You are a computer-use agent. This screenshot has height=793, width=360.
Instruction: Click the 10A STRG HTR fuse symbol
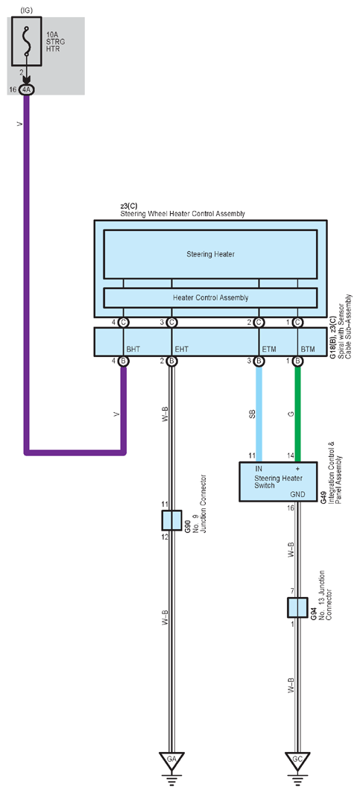point(28,43)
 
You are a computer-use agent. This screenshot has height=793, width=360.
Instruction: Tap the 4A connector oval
point(26,89)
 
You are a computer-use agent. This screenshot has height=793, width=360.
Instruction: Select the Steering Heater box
point(210,254)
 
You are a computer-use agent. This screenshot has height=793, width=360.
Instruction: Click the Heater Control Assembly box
point(210,297)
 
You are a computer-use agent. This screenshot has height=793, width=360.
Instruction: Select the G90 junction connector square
point(172,520)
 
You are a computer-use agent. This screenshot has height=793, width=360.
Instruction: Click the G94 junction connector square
point(297,607)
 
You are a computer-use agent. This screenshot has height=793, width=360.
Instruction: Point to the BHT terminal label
point(133,349)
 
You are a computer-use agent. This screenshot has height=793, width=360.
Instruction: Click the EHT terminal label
point(182,349)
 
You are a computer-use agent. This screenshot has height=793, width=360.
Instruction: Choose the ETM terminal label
point(269,349)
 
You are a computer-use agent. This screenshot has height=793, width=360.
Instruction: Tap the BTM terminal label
point(308,349)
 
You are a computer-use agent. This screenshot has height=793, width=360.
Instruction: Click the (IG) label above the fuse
point(26,10)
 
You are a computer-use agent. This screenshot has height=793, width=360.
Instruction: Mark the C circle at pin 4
point(123,322)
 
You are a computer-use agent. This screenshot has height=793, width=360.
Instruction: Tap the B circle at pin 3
point(259,361)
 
